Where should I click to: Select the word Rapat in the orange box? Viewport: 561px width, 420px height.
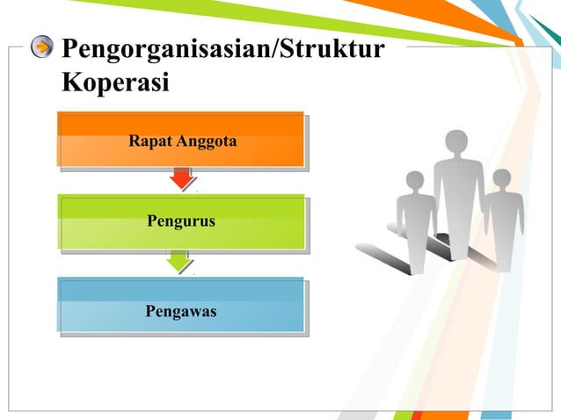click(149, 140)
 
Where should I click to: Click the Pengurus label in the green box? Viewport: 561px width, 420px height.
click(181, 223)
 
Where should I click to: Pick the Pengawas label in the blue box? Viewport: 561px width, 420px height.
click(181, 311)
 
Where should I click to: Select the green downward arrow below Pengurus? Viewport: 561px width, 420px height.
click(179, 261)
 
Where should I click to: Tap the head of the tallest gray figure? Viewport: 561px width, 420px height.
click(457, 142)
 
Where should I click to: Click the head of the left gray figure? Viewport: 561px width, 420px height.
click(412, 181)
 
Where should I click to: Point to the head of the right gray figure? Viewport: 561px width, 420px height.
click(501, 178)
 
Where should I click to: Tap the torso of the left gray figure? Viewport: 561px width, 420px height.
click(414, 215)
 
